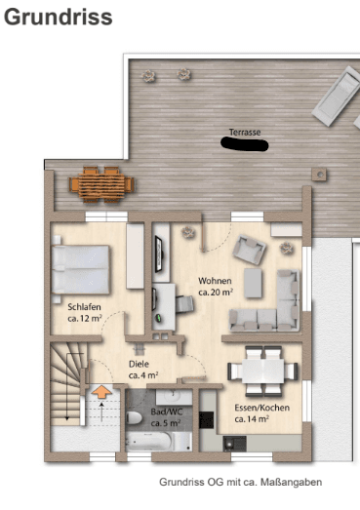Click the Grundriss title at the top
pos(59,18)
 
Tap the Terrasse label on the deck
pos(246,131)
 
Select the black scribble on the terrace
pos(247,144)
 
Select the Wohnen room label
pos(215,280)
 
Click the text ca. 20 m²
pos(215,292)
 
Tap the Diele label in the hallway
pos(140,362)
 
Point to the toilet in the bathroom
pos(135,417)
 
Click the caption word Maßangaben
pos(292,482)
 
